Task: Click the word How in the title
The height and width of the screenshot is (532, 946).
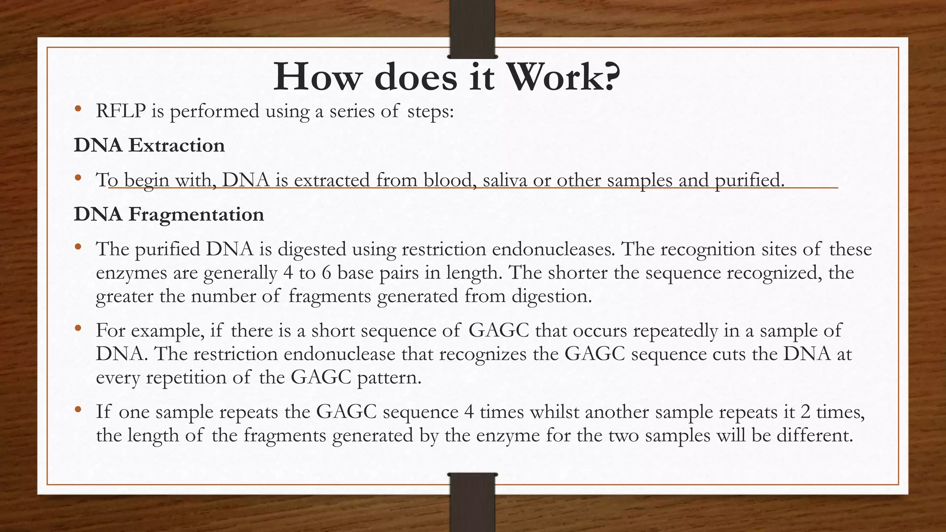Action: tap(316, 77)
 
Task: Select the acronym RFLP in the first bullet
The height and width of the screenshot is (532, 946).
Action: tap(121, 111)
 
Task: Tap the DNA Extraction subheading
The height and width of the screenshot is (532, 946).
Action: tap(149, 145)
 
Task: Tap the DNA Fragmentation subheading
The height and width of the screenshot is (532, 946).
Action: tap(169, 215)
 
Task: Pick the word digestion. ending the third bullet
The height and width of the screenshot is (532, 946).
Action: tap(552, 296)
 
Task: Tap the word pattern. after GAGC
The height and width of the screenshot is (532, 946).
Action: tap(389, 378)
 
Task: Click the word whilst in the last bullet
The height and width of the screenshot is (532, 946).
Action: tap(554, 412)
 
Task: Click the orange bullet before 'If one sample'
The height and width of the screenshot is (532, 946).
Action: tap(78, 409)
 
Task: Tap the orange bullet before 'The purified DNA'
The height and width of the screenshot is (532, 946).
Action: tap(78, 247)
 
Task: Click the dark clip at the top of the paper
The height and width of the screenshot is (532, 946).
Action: tap(473, 29)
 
